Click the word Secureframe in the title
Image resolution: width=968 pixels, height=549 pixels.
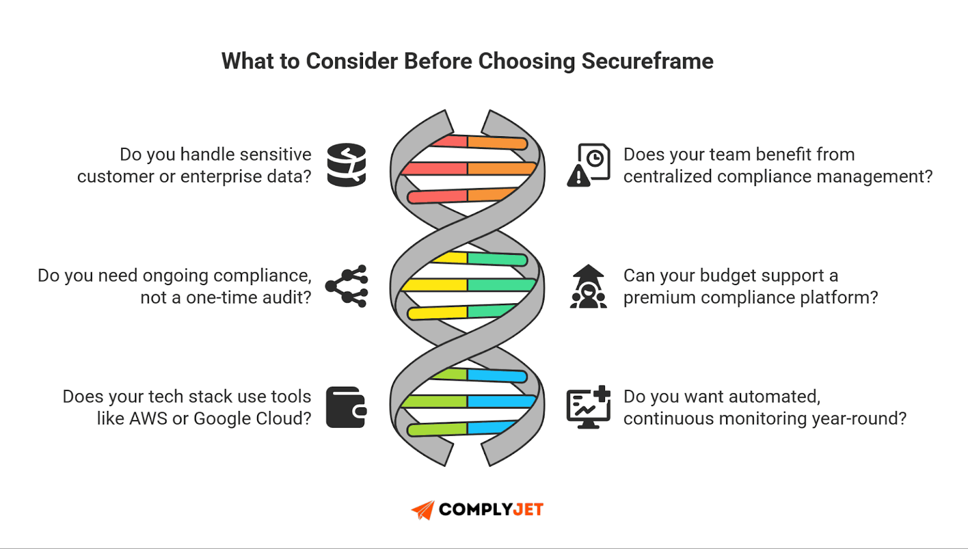tap(647, 61)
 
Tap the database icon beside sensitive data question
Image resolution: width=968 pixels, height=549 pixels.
tap(347, 165)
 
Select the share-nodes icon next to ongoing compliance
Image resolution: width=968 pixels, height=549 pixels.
tap(347, 286)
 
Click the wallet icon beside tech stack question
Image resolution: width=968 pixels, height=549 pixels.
tap(346, 407)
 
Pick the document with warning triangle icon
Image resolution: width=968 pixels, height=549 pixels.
tap(589, 165)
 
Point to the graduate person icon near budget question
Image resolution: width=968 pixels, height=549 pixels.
tap(588, 286)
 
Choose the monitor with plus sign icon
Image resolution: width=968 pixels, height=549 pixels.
tap(588, 407)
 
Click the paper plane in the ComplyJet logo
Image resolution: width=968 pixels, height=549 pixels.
tap(423, 510)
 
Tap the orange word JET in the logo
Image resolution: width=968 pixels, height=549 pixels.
tap(528, 510)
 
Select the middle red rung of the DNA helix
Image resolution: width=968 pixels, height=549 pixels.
tap(434, 168)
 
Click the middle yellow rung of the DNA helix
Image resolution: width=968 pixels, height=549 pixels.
tap(434, 284)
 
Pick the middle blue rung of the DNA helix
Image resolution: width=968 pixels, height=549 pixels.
tap(501, 401)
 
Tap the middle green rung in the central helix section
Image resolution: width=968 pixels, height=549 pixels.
tap(501, 284)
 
